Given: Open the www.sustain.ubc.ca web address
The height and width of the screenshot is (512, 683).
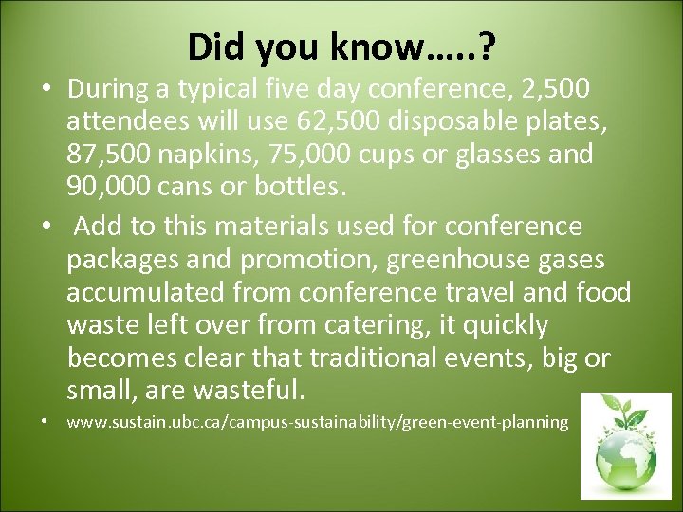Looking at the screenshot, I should point(317,422).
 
